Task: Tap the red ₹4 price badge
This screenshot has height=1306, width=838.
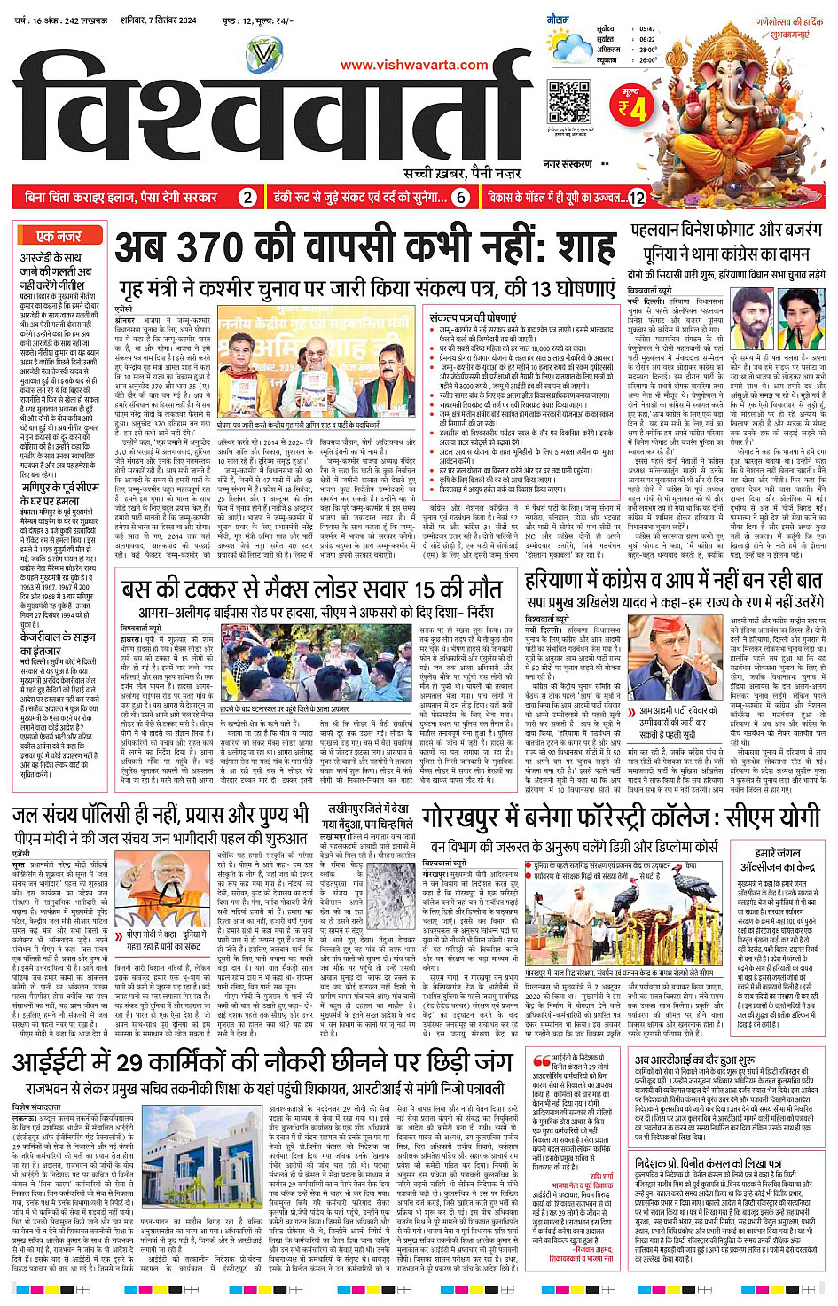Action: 633,106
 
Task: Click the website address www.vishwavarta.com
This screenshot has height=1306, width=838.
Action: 414,65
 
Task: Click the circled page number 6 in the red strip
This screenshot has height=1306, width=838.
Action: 460,198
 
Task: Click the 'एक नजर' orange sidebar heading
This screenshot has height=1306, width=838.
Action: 59,236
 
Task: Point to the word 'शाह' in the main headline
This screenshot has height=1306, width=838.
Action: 577,248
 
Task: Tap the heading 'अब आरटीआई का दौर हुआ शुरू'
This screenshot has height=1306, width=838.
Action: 694,1059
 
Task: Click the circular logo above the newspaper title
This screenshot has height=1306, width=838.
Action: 263,55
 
